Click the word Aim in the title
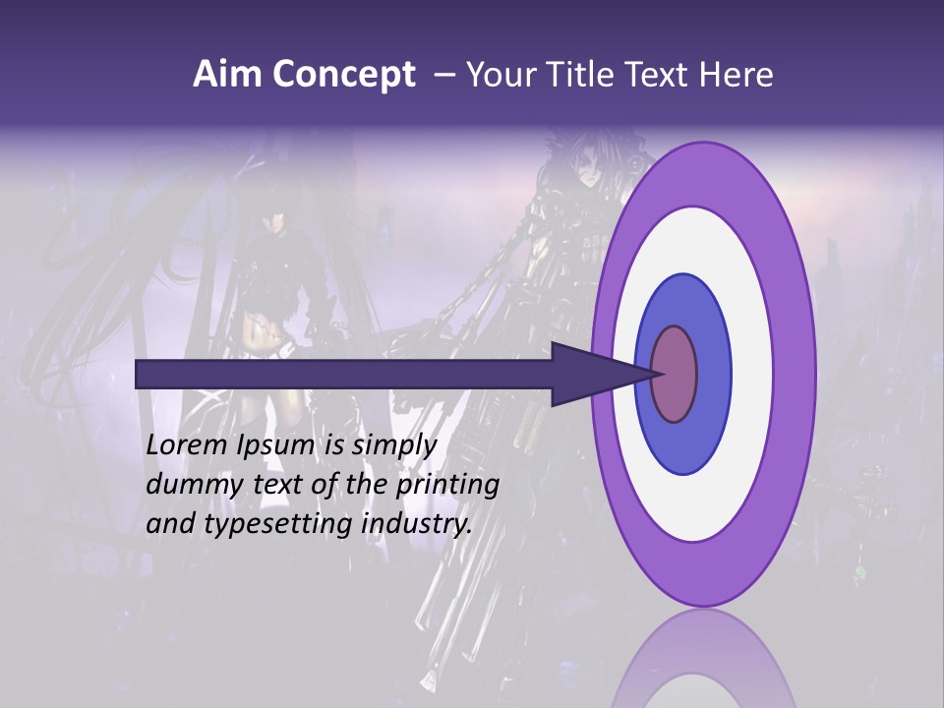pos(225,75)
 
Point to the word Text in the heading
pos(660,75)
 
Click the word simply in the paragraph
pos(393,445)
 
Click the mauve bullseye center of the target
pos(675,374)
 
